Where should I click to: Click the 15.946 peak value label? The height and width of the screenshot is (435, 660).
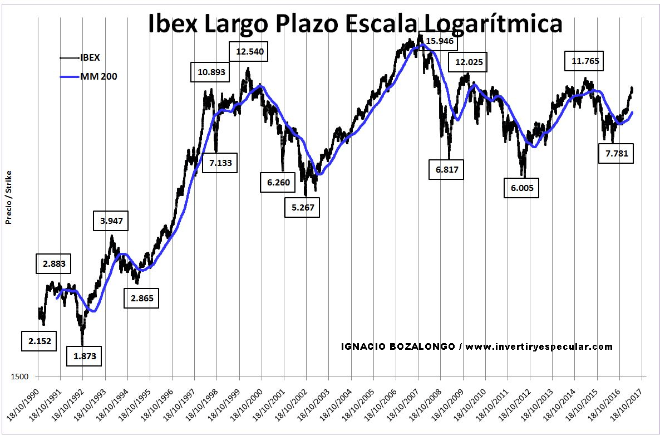(x=440, y=41)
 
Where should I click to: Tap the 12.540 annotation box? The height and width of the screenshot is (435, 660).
(x=250, y=52)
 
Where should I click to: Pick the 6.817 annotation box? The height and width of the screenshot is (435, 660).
(x=446, y=169)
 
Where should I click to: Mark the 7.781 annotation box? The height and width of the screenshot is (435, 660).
(x=617, y=154)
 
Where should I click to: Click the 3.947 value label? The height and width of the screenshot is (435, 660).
(x=111, y=221)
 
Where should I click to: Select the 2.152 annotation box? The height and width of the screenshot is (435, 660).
(x=40, y=341)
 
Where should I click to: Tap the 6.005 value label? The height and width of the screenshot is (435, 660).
(x=521, y=188)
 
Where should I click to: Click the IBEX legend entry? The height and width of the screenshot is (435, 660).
(x=90, y=57)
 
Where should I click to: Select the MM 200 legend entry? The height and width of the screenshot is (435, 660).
(x=98, y=75)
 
